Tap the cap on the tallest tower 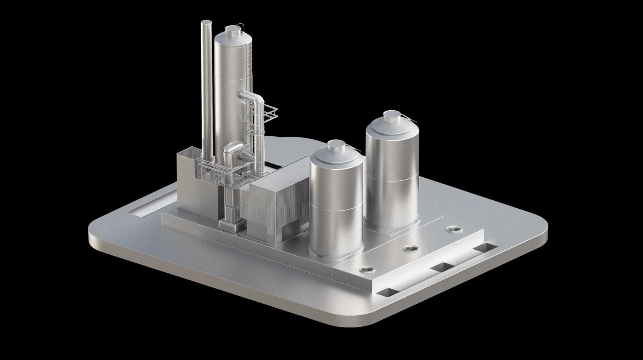point(232,29)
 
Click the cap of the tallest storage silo point(391,115)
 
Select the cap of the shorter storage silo point(337,144)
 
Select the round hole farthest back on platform point(454,229)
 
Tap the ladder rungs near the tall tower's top point(249,57)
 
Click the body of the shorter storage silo point(336,207)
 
